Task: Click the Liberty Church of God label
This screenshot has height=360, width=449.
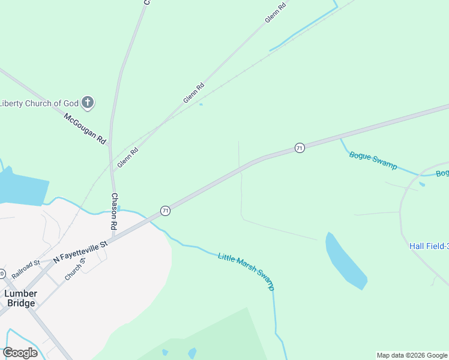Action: (x=40, y=103)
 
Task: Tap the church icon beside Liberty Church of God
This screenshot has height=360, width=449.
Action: (x=88, y=103)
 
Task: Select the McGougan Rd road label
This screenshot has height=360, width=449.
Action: (x=85, y=128)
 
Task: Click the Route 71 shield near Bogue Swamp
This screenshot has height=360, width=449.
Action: (x=300, y=148)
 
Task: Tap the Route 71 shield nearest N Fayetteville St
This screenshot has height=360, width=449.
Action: (x=165, y=211)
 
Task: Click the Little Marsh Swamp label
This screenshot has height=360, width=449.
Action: (x=246, y=271)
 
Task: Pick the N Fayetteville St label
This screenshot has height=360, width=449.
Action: (x=80, y=251)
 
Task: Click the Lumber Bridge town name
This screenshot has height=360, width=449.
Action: (x=20, y=298)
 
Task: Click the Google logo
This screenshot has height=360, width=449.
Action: (x=20, y=353)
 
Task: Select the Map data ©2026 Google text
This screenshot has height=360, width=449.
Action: (x=412, y=355)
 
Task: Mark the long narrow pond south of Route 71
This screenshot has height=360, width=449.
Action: (x=345, y=260)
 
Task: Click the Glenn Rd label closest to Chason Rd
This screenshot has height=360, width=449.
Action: (x=127, y=157)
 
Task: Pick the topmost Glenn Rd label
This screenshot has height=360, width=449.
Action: (x=275, y=14)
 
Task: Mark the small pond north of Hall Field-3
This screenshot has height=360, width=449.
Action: (x=422, y=184)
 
